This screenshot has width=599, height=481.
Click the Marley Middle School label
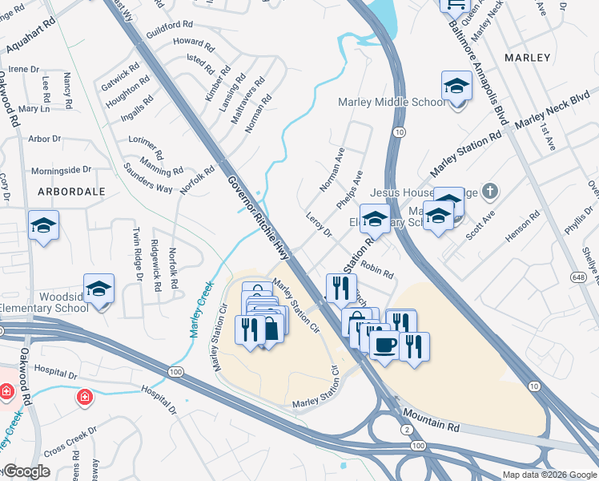[x=392, y=102]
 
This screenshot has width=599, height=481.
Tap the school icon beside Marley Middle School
[x=456, y=87]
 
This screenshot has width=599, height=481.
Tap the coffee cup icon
[x=384, y=345]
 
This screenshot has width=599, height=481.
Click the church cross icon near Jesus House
[x=491, y=192]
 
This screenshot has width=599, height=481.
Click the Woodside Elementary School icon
[x=98, y=289]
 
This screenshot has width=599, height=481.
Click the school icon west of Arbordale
[x=43, y=225]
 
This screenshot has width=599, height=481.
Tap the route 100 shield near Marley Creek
[x=175, y=371]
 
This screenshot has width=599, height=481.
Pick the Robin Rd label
[x=376, y=270]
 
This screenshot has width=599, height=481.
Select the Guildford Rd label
[x=170, y=26]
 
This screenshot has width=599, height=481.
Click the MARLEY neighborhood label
[x=529, y=58]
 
